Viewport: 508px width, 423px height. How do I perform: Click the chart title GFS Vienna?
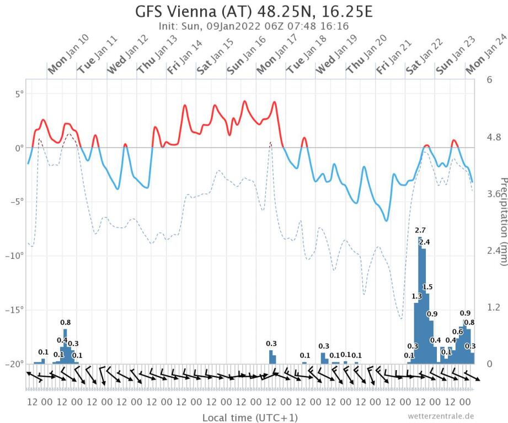[x=254, y=12]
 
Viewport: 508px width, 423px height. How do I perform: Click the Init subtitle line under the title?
[x=254, y=25]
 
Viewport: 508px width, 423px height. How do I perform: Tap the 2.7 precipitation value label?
[x=420, y=230]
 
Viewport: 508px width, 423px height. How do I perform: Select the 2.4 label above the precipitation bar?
[x=425, y=242]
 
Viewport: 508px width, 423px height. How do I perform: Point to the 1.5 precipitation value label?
[x=427, y=287]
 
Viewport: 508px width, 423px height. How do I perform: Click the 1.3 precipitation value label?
[x=416, y=296]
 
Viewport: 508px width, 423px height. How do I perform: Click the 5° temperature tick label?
[x=19, y=94]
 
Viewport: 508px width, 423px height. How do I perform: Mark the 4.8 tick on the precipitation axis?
[x=494, y=137]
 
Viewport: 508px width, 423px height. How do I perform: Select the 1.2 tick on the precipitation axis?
[x=494, y=306]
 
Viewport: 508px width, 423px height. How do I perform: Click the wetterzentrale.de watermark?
[x=441, y=416]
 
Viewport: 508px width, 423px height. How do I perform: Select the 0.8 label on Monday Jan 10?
[x=65, y=322]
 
